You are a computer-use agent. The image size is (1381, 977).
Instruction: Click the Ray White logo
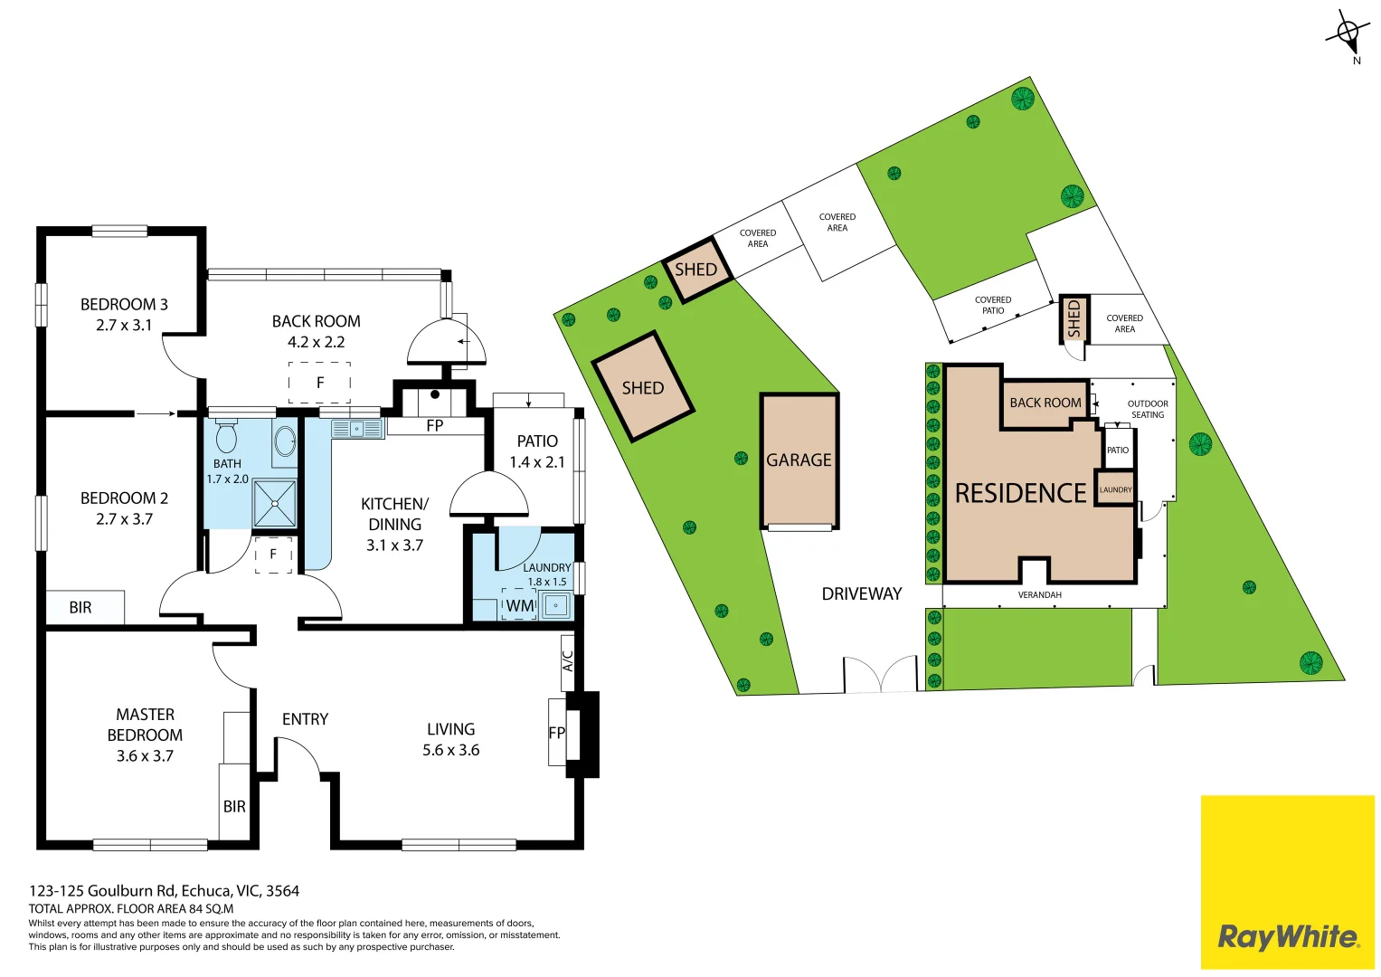point(1287,937)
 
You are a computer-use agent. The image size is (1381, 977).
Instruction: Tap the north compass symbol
point(1349,35)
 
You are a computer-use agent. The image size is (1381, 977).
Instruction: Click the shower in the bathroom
point(274,503)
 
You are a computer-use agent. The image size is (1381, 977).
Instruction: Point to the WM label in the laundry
point(519,606)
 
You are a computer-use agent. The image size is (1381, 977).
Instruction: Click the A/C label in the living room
point(568,660)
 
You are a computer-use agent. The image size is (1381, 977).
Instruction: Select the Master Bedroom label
point(145,725)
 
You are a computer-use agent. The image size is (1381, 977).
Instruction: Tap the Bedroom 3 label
point(124,304)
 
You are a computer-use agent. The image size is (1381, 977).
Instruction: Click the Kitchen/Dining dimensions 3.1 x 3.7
point(394,545)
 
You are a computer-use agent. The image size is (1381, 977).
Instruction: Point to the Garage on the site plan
point(799,460)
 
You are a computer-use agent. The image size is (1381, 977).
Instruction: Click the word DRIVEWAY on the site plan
point(862,594)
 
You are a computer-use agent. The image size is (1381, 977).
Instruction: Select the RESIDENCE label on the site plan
point(1020,493)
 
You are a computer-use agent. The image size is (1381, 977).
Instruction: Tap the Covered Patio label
point(993,306)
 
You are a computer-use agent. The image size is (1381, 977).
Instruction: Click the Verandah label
point(1039,595)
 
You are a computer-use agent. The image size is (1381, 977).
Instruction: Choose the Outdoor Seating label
point(1148,410)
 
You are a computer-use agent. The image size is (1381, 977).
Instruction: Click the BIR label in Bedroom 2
point(80,608)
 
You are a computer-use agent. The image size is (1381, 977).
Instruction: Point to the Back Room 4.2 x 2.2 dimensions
point(317,342)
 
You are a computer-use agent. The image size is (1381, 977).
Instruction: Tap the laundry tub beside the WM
point(556,606)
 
